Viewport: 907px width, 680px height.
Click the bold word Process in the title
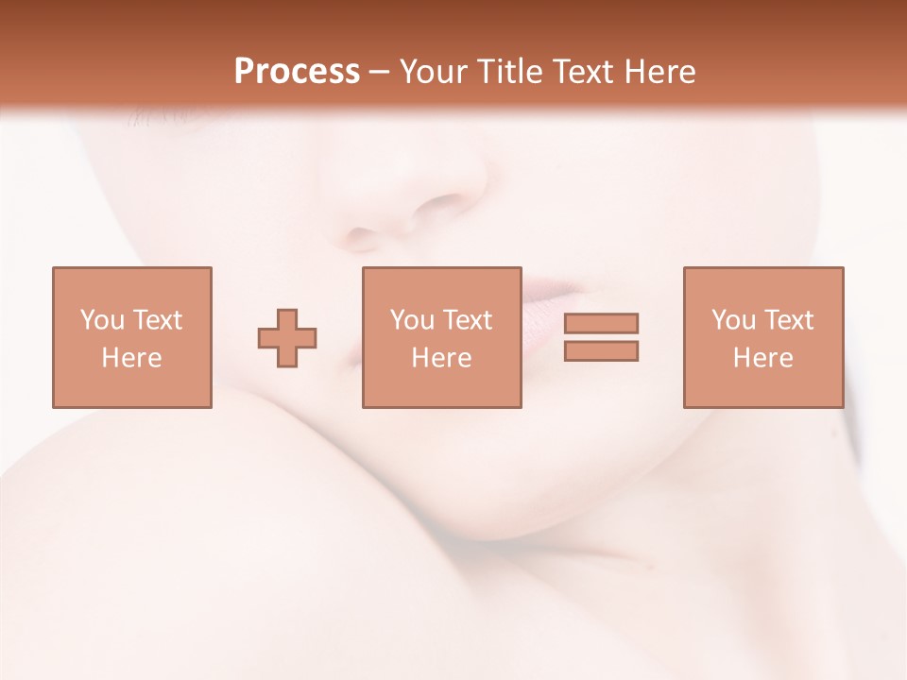(297, 72)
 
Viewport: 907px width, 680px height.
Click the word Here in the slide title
(661, 72)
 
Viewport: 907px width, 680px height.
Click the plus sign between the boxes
(287, 338)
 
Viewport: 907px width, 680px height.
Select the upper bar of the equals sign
(601, 324)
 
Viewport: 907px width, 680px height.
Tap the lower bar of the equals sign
(601, 351)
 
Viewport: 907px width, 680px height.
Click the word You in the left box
(102, 320)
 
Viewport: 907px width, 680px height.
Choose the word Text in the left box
(157, 320)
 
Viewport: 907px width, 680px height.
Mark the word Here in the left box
(131, 358)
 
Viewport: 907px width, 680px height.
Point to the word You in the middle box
(412, 320)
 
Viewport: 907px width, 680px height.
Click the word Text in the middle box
(467, 320)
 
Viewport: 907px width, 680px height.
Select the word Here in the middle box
(441, 358)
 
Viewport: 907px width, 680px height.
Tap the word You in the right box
(733, 320)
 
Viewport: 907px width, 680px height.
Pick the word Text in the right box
(788, 320)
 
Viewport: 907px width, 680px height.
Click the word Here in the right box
(762, 358)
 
